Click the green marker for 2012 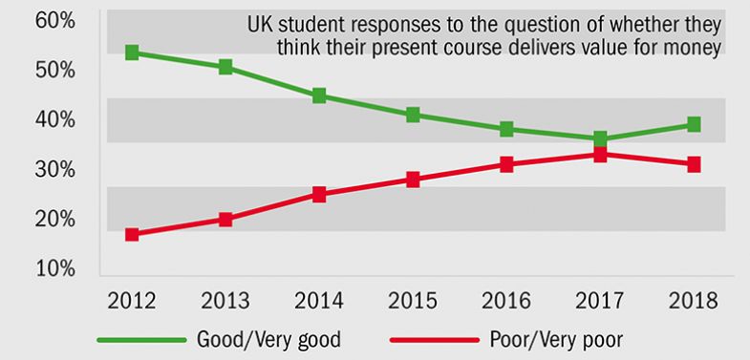tap(133, 53)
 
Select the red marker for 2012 tap(133, 234)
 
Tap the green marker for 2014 tap(319, 95)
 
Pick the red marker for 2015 tap(413, 180)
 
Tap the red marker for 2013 tap(225, 219)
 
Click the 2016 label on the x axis tap(505, 302)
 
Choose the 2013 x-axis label tap(225, 302)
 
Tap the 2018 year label tap(694, 302)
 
